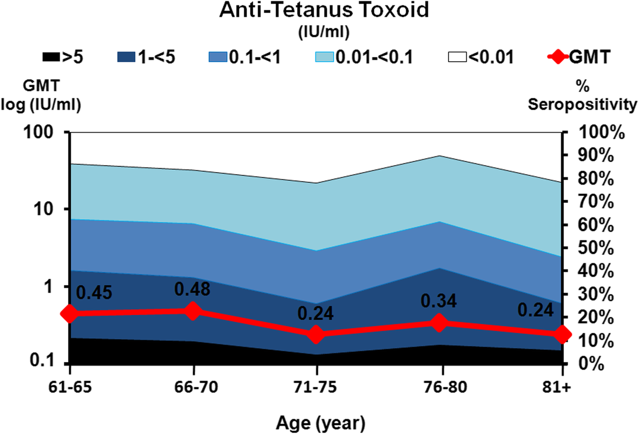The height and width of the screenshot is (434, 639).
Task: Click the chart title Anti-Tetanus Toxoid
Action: [x=319, y=11]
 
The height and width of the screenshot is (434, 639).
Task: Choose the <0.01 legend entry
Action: [x=482, y=57]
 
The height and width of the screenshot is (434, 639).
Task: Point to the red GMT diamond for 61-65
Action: [x=69, y=314]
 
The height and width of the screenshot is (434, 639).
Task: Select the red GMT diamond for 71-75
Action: [x=317, y=334]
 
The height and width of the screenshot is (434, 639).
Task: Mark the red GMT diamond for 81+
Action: [x=562, y=334]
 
